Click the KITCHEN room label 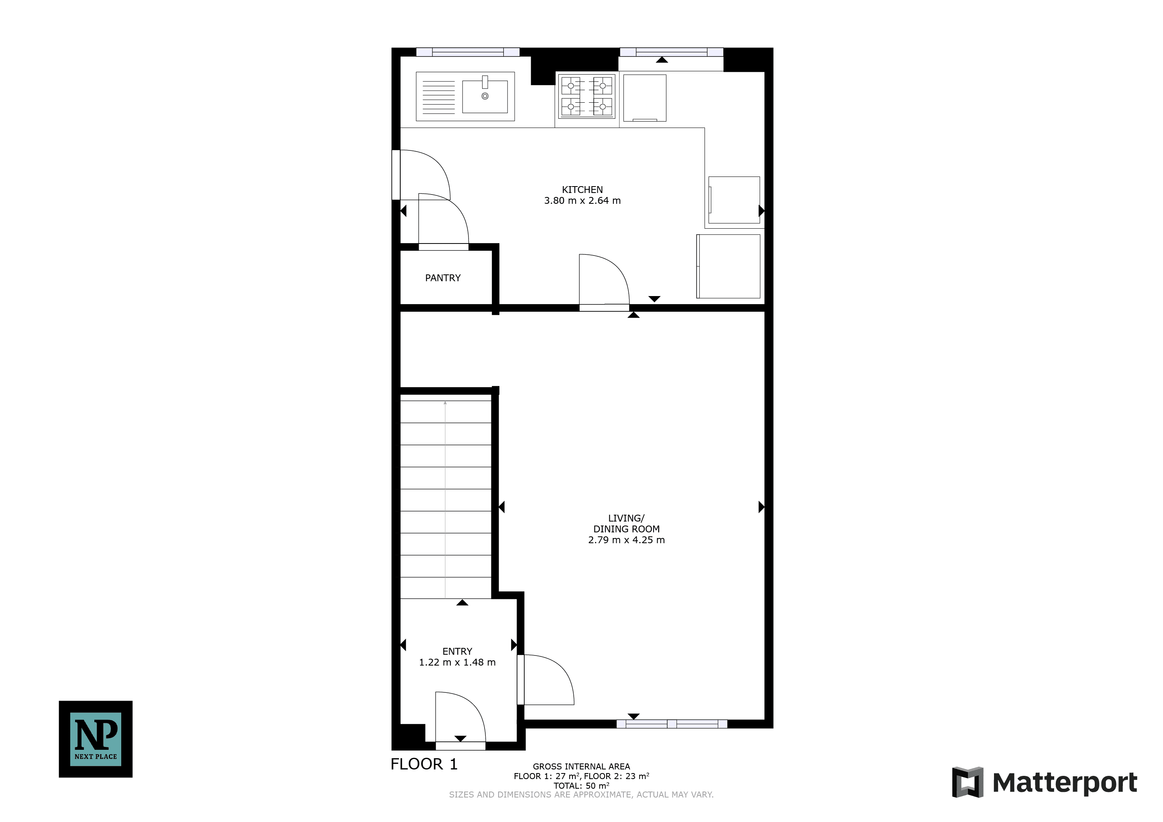click(x=582, y=190)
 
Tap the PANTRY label click(x=443, y=278)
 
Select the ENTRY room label click(x=457, y=652)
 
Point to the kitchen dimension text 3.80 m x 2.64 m click(x=582, y=201)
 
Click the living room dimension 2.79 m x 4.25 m click(x=626, y=540)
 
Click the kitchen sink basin click(x=485, y=96)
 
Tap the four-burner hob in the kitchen click(x=587, y=96)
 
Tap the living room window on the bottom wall click(x=672, y=724)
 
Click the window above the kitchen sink click(x=468, y=52)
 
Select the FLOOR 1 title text click(x=424, y=764)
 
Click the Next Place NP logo click(x=96, y=739)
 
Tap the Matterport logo click(x=1045, y=783)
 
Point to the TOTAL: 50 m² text click(x=581, y=785)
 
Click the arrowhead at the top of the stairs click(x=445, y=403)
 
